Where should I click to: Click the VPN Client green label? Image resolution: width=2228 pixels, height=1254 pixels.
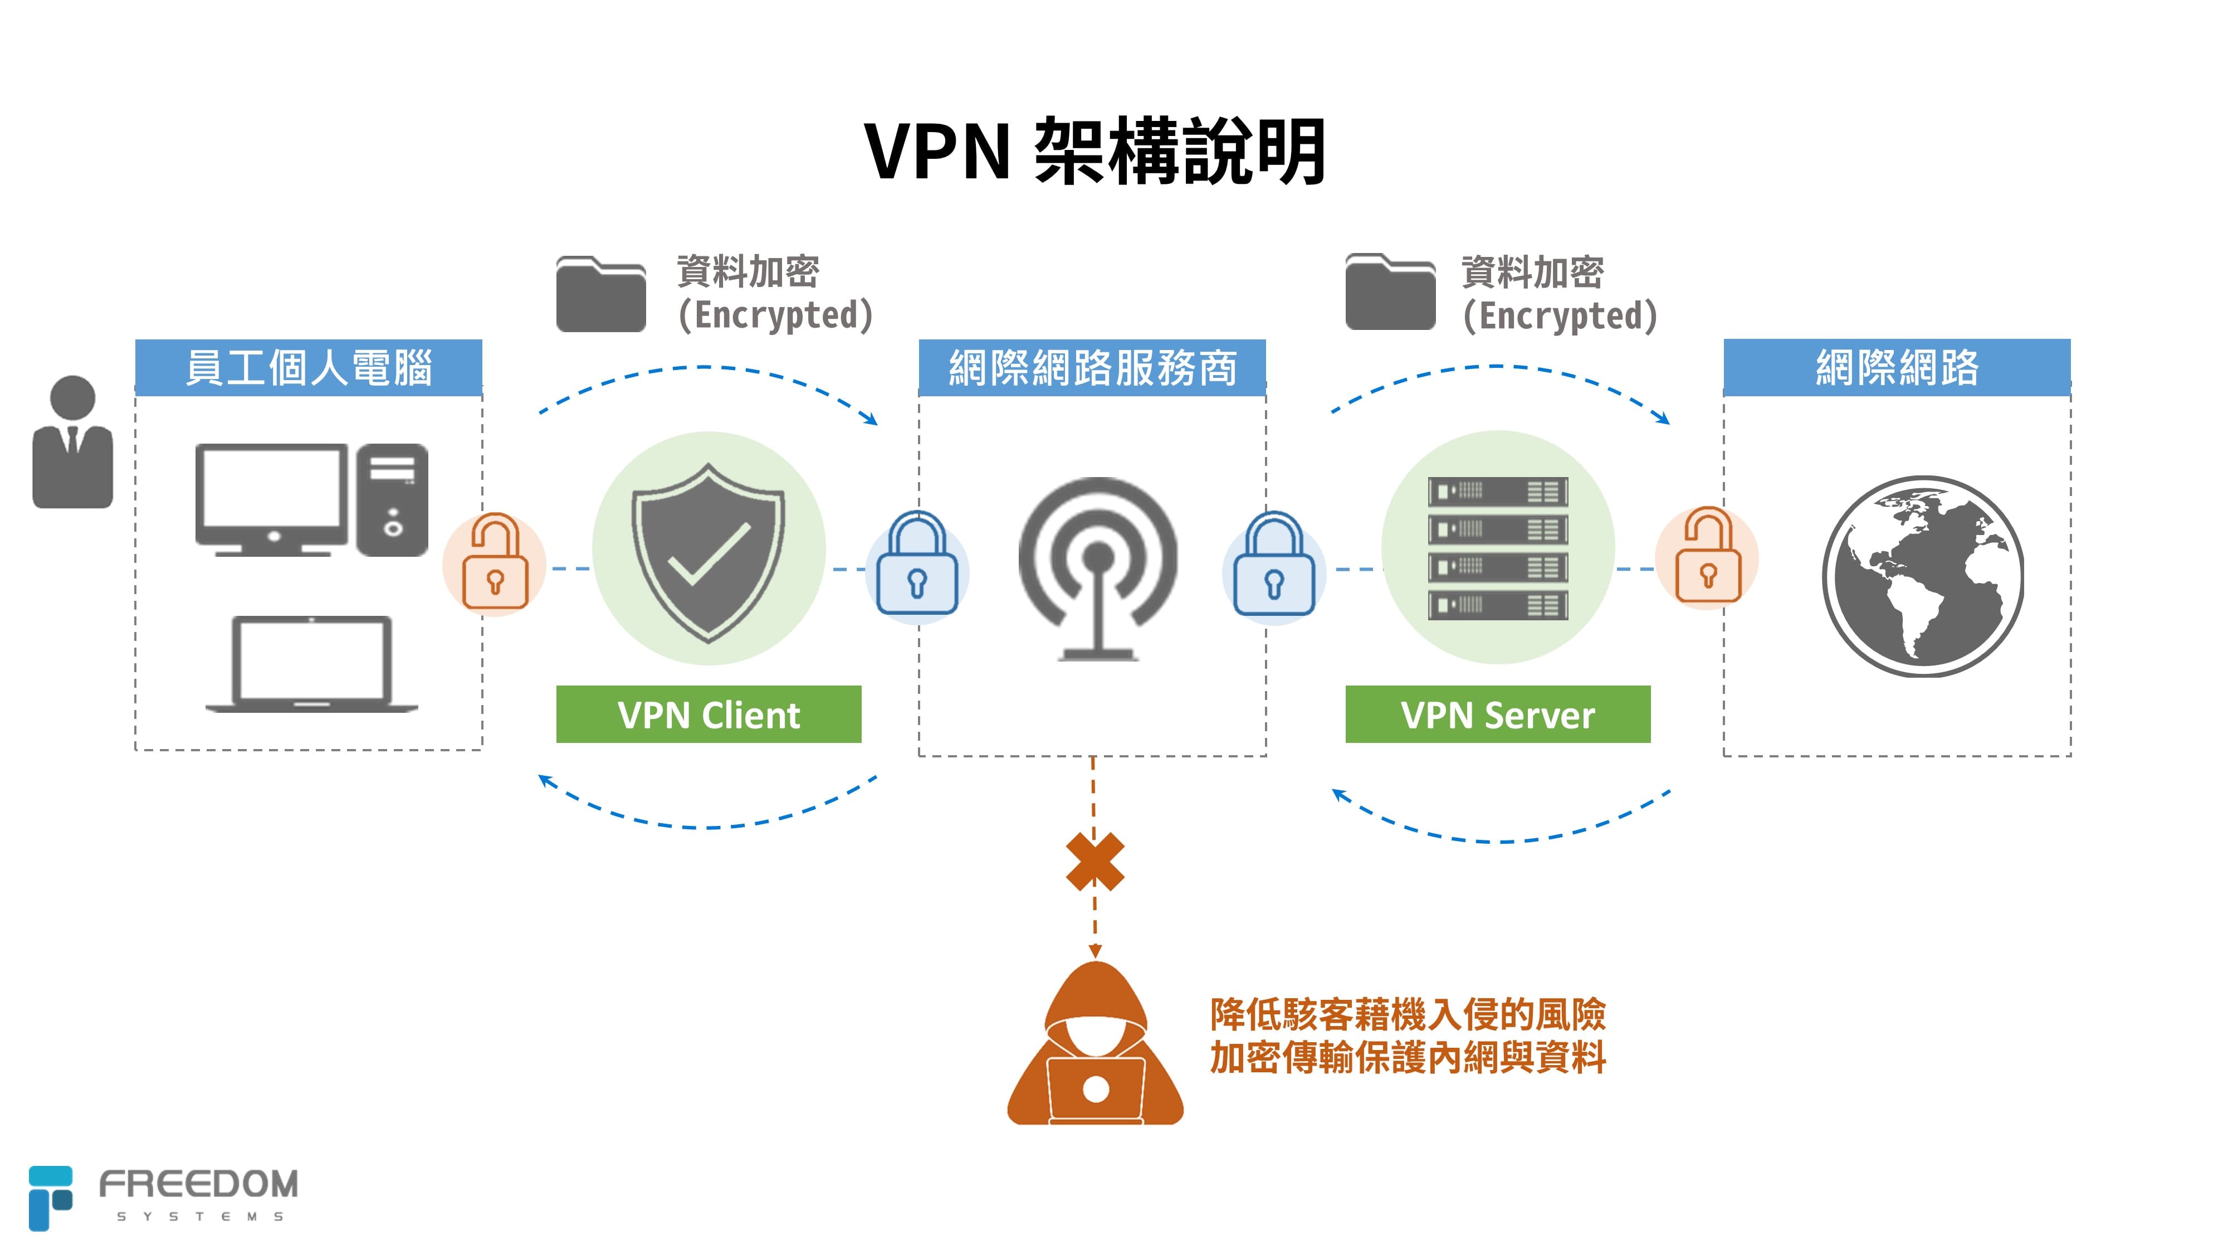[x=709, y=714]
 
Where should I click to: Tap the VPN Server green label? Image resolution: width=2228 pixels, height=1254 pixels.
[x=1497, y=714]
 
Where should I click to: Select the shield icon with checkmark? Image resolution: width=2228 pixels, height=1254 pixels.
[x=709, y=551]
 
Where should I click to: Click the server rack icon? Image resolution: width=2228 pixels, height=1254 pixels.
[x=1497, y=548]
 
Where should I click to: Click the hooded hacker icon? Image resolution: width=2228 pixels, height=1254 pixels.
[x=1095, y=1047]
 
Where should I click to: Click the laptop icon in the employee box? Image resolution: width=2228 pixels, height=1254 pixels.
[x=311, y=664]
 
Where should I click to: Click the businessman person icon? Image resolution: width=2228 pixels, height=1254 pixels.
[x=72, y=442]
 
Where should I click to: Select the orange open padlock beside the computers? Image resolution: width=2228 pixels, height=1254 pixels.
[x=494, y=563]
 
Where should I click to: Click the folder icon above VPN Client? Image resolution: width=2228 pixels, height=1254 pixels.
[x=601, y=294]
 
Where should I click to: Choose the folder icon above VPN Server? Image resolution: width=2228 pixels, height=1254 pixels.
[x=1390, y=293]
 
